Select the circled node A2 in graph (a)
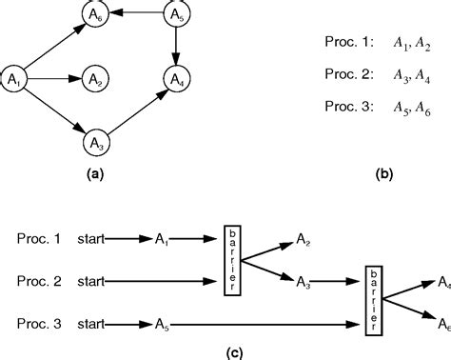tap(95, 78)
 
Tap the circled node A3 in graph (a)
tap(95, 142)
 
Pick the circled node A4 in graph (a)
tap(176, 78)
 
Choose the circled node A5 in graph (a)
tap(176, 15)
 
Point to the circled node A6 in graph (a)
tap(95, 15)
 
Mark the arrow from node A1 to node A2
tap(55, 78)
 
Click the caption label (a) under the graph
tap(95, 174)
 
